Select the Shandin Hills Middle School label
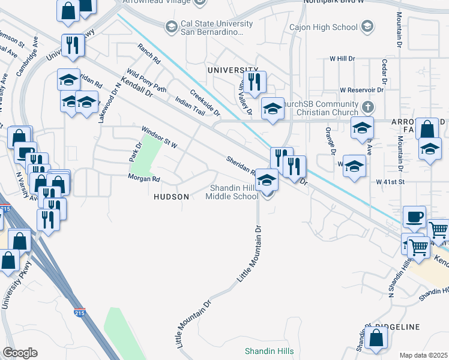pos(234,192)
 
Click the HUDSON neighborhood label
pos(172,196)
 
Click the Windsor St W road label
pos(160,137)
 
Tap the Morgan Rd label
pos(143,178)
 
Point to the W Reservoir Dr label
pos(361,90)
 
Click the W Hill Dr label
pos(343,59)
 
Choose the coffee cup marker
pos(414,217)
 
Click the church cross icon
pos(369,108)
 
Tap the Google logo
pos(20,353)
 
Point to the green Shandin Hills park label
pos(268,350)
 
